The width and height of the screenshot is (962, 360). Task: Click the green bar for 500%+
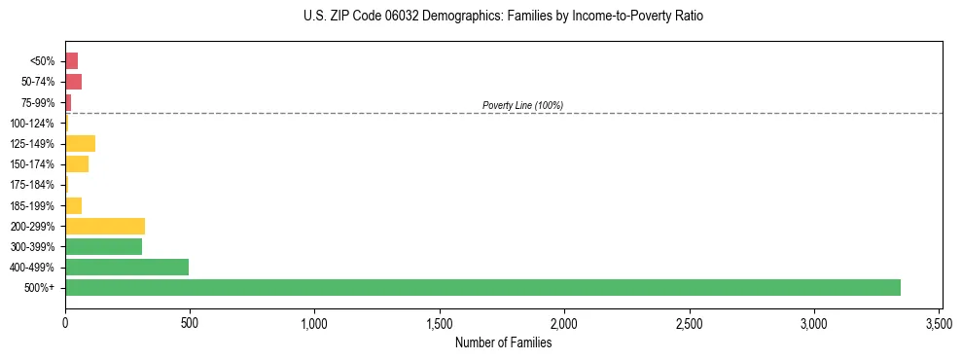(x=482, y=287)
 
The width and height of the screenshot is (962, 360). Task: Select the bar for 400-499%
(x=126, y=267)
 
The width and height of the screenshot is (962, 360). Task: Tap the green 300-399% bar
(x=103, y=246)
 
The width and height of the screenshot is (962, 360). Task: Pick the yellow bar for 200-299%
(x=105, y=226)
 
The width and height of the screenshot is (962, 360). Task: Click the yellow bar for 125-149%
(x=80, y=144)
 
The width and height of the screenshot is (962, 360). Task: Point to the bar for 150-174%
(x=77, y=164)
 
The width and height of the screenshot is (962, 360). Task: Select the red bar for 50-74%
(x=73, y=82)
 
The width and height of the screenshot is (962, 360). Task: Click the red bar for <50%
(x=71, y=61)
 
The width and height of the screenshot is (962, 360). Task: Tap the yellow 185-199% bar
(x=73, y=205)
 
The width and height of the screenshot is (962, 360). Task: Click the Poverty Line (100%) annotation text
(x=522, y=105)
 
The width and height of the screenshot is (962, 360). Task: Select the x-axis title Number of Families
(x=503, y=342)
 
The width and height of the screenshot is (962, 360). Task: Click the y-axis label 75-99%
(x=37, y=103)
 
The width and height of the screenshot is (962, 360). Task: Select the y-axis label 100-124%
(x=32, y=124)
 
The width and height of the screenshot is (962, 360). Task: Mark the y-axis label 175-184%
(x=32, y=185)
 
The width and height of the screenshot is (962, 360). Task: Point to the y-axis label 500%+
(x=40, y=288)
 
